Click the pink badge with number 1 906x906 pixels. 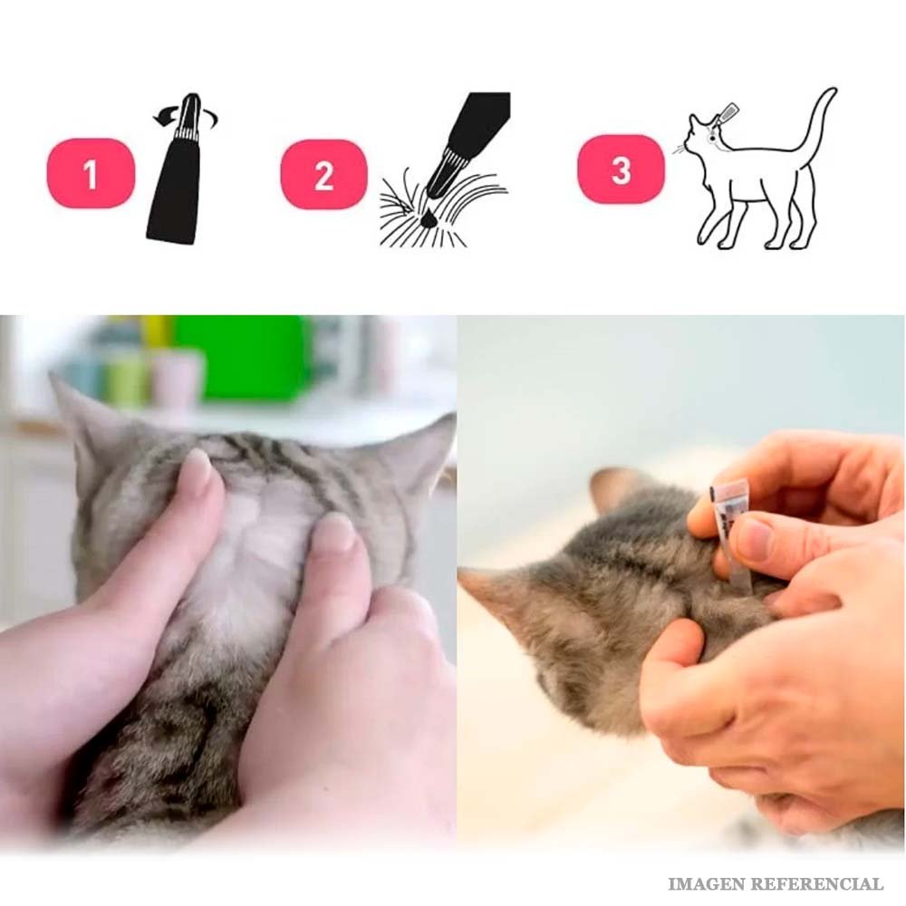[x=91, y=173]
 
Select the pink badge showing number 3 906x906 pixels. [x=621, y=169]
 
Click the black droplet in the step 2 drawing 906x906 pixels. [x=429, y=218]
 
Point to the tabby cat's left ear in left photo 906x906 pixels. [x=87, y=416]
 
